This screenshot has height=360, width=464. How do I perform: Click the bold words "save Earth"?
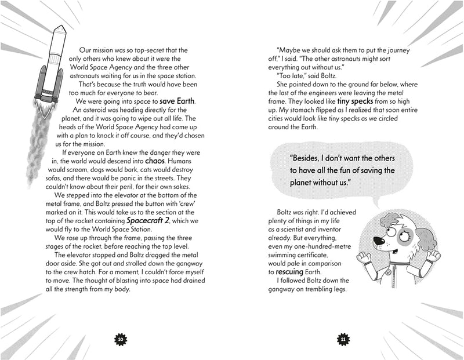[177, 103]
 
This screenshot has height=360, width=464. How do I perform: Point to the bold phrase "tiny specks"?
[372, 101]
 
